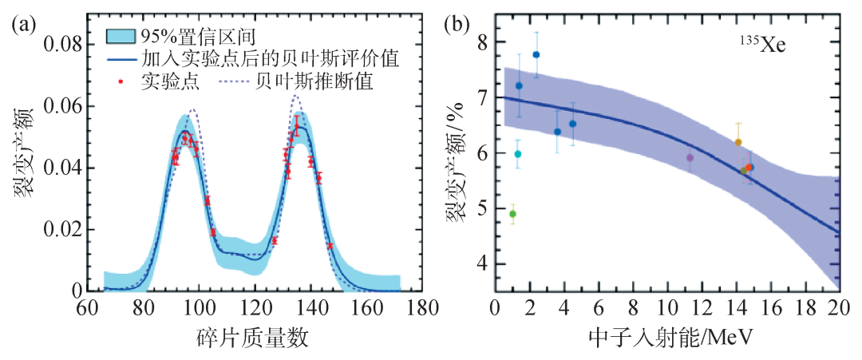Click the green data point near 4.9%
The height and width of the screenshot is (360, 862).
[512, 214]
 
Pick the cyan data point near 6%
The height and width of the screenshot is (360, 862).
[517, 154]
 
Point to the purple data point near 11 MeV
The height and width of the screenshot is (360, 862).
[690, 157]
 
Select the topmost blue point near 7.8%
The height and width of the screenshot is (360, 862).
[536, 54]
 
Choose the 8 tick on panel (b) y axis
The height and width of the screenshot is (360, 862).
[480, 42]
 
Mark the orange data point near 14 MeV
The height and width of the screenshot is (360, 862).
[738, 142]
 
